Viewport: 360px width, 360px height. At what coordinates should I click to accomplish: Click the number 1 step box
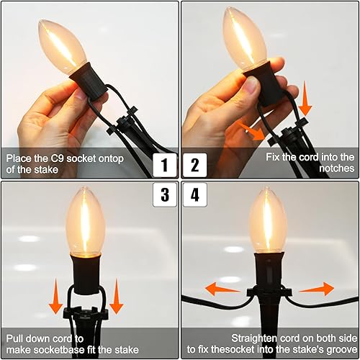tap(166, 166)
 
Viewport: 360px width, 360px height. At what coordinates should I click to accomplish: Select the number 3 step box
tap(166, 194)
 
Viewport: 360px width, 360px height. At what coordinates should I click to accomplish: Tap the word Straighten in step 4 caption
tap(253, 337)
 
